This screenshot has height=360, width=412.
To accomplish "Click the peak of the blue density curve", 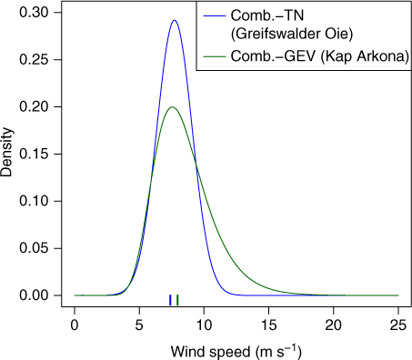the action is [x=175, y=21].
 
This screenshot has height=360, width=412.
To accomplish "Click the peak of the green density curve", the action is [x=172, y=107].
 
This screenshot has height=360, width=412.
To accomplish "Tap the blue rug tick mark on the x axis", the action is [x=170, y=300].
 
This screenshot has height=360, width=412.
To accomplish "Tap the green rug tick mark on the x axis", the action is [x=177, y=300].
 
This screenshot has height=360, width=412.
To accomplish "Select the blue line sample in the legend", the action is [x=215, y=15].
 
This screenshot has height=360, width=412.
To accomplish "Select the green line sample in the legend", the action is [x=215, y=56].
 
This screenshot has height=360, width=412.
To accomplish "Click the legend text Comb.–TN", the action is [x=267, y=15].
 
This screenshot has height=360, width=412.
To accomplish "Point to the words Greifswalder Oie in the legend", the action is [x=292, y=34].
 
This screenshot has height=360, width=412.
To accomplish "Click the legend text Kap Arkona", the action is [x=366, y=56].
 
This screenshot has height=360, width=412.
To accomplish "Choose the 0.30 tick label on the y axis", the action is [x=34, y=13].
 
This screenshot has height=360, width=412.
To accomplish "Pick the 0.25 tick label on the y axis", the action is [x=34, y=59].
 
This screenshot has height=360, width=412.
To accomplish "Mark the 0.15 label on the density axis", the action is [x=34, y=154].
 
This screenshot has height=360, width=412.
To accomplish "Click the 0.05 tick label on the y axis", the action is [x=34, y=248].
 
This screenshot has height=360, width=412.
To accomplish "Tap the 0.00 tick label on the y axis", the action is [x=34, y=295].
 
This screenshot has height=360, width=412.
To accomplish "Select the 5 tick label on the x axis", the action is [x=139, y=325].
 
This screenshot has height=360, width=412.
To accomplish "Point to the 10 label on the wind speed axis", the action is [x=204, y=325].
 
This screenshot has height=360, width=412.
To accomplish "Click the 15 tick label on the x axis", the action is [x=268, y=325].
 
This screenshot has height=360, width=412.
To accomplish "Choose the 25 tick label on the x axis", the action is [x=398, y=325].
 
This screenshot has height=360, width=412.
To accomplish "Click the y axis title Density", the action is [x=6, y=153].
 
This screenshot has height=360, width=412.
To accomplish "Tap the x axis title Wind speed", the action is [x=211, y=352].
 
